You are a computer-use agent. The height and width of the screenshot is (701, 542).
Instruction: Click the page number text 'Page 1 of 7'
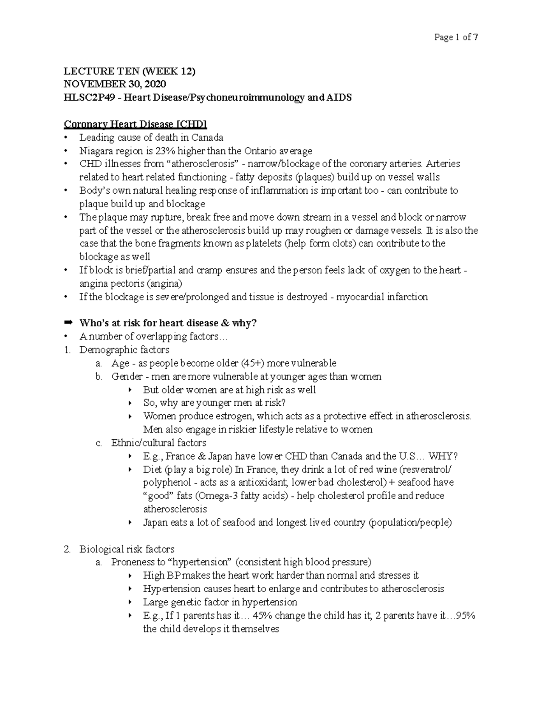(x=456, y=37)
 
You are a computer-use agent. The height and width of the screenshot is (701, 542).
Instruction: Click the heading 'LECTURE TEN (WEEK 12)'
(x=130, y=71)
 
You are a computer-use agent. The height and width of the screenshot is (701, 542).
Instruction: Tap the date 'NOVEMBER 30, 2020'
(x=115, y=84)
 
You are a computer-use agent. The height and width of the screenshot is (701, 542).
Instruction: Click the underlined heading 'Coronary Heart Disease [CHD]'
(x=135, y=124)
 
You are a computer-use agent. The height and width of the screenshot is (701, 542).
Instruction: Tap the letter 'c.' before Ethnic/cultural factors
(x=99, y=443)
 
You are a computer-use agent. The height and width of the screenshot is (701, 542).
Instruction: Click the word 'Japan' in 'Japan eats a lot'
(x=155, y=523)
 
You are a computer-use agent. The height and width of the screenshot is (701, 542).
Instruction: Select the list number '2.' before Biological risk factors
(x=67, y=549)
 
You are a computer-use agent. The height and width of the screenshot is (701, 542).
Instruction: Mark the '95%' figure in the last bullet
(x=465, y=616)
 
